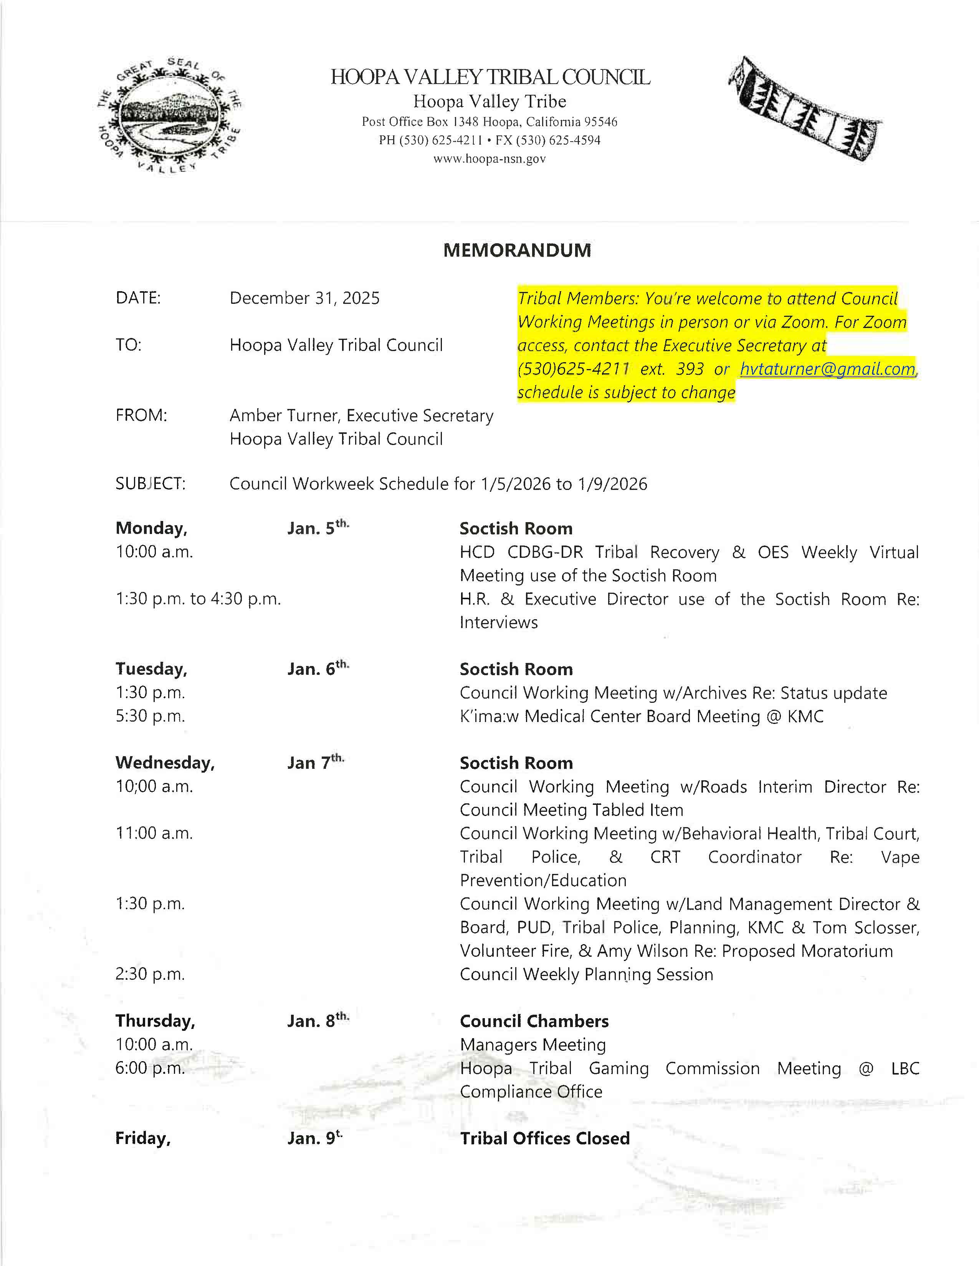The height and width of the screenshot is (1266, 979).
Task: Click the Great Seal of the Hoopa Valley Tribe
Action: (x=169, y=116)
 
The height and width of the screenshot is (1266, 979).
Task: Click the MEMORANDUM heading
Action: (x=517, y=251)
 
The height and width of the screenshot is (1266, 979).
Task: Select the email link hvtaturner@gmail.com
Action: (x=828, y=369)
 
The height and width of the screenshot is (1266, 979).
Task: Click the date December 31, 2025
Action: (x=304, y=298)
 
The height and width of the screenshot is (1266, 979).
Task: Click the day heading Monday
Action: (x=151, y=528)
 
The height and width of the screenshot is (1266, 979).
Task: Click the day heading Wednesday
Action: (x=165, y=763)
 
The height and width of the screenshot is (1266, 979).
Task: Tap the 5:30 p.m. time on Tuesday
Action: (x=150, y=717)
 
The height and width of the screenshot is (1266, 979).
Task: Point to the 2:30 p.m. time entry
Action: (x=150, y=974)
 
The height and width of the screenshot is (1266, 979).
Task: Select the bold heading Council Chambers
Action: (x=534, y=1021)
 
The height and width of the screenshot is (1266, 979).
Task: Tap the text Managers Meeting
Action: (x=532, y=1045)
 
